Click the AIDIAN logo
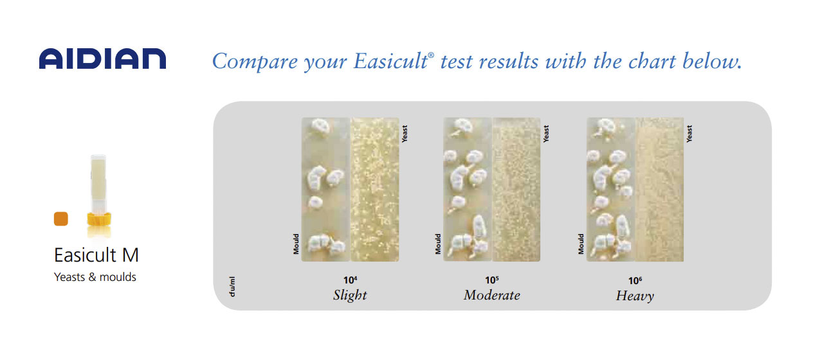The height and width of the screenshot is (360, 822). [102, 59]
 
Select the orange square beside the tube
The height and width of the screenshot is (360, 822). [61, 219]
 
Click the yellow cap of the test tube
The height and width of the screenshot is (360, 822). [99, 219]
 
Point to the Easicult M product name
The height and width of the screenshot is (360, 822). [96, 255]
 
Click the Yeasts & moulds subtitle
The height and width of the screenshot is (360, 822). [95, 277]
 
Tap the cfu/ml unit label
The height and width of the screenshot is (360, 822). [232, 287]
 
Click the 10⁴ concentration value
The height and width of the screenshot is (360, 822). [350, 280]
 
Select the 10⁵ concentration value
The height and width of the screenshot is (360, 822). [492, 280]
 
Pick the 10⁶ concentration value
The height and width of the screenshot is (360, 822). [635, 281]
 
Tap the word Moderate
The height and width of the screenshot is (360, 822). [492, 295]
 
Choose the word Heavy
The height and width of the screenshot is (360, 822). [635, 296]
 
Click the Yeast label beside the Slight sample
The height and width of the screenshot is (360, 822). [405, 134]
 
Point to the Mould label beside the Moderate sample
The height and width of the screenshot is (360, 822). [438, 244]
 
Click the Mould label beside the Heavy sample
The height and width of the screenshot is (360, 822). [581, 244]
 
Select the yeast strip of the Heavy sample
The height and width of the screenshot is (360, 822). [659, 189]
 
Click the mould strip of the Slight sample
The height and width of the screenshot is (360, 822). [326, 189]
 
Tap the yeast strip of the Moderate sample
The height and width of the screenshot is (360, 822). [516, 189]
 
